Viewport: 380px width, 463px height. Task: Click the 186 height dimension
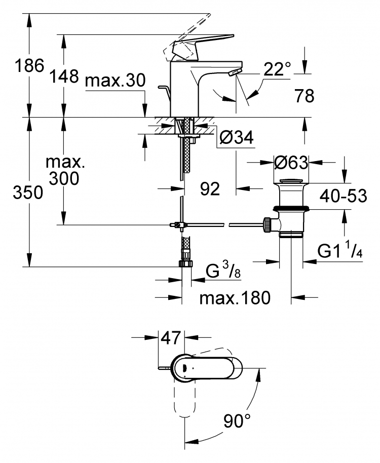click(29, 65)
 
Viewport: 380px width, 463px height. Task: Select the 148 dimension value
click(64, 76)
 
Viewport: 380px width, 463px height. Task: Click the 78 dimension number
click(305, 96)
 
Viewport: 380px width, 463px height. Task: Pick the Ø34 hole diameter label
click(237, 137)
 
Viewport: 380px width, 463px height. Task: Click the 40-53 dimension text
click(344, 196)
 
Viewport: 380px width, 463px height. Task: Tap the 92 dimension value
click(210, 188)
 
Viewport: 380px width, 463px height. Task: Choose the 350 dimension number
click(28, 193)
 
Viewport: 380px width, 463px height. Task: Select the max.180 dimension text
click(235, 298)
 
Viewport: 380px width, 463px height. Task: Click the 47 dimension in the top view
click(170, 337)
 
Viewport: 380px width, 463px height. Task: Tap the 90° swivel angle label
click(237, 420)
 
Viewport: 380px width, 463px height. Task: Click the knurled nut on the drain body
click(267, 225)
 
